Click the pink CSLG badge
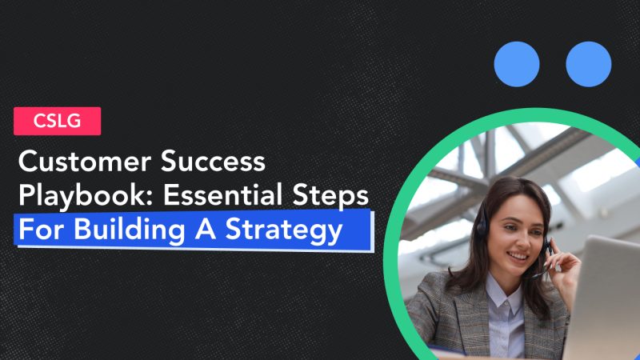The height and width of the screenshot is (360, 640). click(57, 121)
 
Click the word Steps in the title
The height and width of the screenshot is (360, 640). click(339, 197)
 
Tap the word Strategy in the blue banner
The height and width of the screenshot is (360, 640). click(291, 230)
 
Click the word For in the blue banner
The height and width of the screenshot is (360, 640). click(37, 230)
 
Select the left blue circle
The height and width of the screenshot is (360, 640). click(516, 64)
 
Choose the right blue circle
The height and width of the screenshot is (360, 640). click(588, 64)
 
